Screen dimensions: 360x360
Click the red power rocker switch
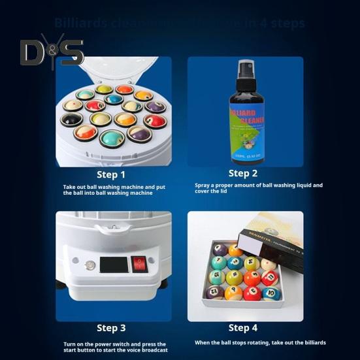(139, 264)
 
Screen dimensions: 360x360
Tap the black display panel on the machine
(113, 265)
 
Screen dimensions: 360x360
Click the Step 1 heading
(111, 174)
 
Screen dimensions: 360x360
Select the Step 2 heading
(242, 173)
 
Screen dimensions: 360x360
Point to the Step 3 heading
(111, 328)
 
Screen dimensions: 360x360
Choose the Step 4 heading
(242, 328)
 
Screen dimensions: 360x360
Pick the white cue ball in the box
(267, 263)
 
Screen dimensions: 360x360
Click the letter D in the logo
(32, 53)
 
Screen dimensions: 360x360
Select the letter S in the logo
(71, 53)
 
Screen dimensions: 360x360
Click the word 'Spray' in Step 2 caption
(203, 186)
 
